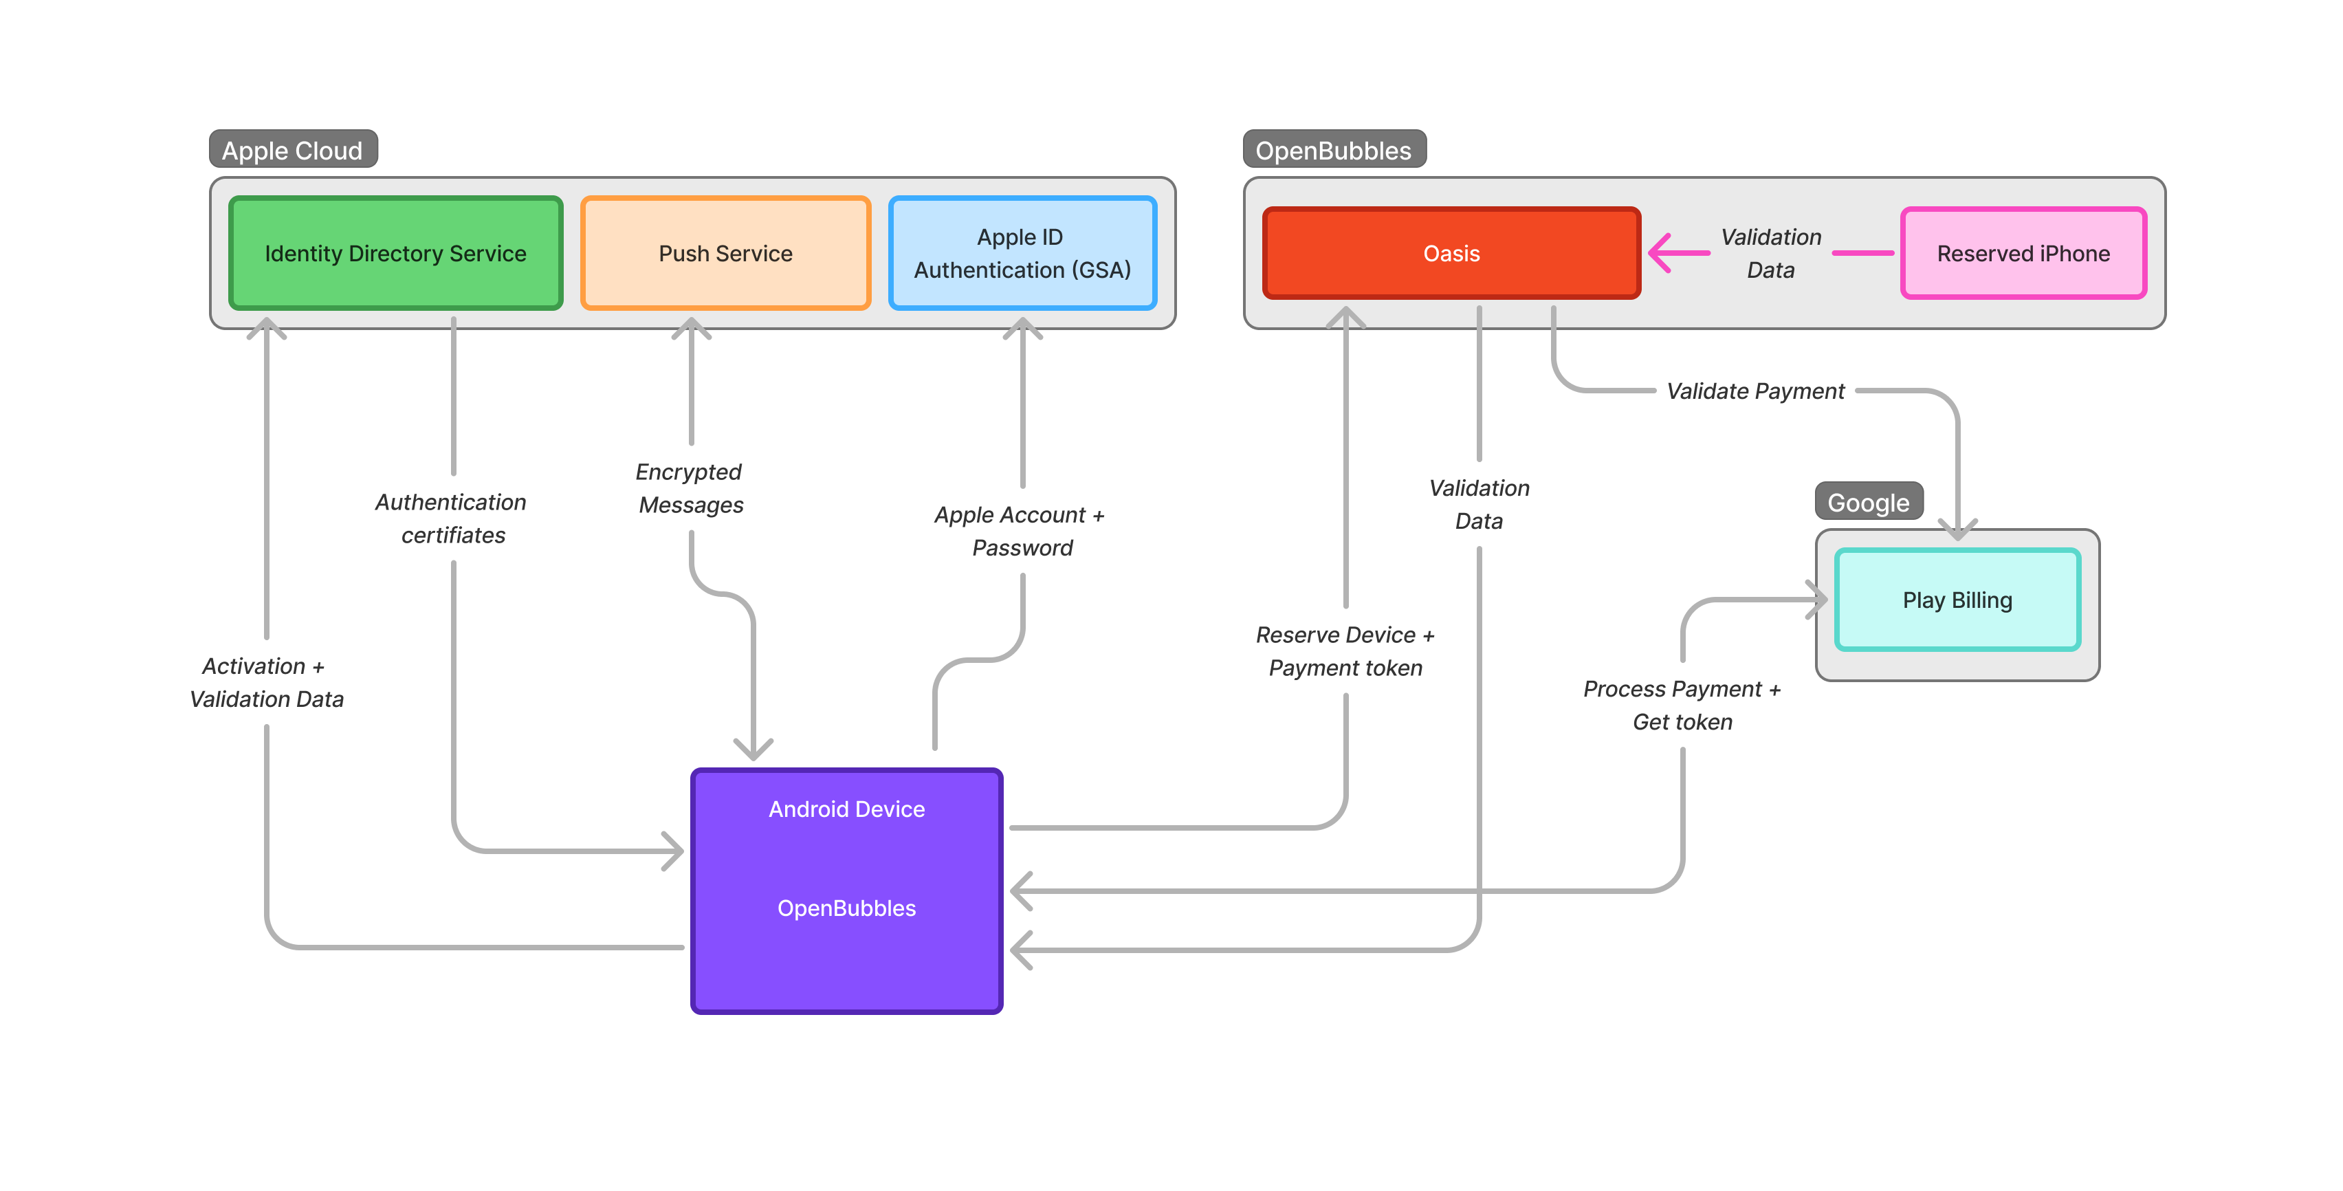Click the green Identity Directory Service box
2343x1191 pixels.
click(x=395, y=253)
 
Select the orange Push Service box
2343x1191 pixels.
click(x=725, y=253)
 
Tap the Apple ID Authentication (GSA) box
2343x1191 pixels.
click(x=1022, y=253)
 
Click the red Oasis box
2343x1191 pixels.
click(x=1451, y=253)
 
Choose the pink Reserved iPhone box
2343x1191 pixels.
click(x=2022, y=253)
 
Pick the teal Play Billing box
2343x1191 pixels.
click(x=1957, y=600)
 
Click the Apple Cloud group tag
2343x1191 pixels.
click(x=292, y=150)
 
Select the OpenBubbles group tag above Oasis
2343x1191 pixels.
click(x=1332, y=150)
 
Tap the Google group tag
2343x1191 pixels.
click(x=1867, y=502)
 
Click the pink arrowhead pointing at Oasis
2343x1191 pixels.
click(x=1661, y=253)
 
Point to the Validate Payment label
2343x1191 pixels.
click(x=1754, y=391)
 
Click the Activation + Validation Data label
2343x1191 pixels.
click(x=265, y=682)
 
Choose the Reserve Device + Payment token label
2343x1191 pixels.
click(x=1344, y=651)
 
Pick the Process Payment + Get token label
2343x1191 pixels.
click(x=1681, y=705)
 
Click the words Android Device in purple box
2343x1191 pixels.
click(x=846, y=809)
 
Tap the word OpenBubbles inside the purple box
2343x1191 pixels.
click(x=846, y=908)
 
